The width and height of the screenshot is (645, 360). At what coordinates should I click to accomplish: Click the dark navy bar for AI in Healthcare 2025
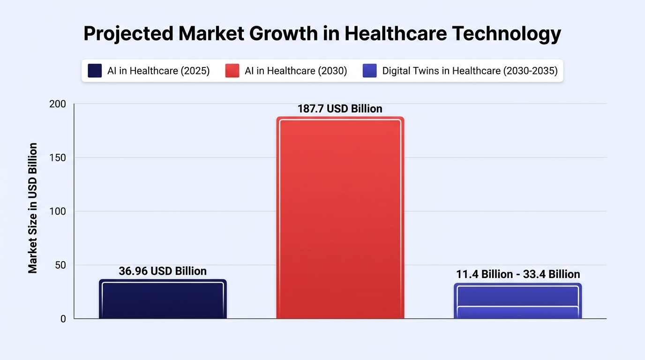point(163,299)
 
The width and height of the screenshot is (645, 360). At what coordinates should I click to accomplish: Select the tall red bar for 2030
point(340,217)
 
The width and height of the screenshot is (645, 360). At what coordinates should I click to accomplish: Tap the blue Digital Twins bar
point(517,301)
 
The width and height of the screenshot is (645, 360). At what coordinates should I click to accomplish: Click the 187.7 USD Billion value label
point(340,109)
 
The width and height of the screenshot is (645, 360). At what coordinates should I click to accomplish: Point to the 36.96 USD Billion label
point(163,271)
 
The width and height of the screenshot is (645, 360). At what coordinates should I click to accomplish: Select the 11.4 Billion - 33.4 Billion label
point(518,274)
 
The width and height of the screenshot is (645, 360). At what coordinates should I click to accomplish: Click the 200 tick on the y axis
point(58,104)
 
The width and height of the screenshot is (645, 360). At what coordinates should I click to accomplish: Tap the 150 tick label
point(58,158)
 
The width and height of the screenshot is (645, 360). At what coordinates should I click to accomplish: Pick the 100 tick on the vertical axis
point(58,211)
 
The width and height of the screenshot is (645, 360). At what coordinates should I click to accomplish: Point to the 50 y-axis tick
point(60,265)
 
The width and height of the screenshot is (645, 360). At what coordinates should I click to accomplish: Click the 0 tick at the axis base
point(63,319)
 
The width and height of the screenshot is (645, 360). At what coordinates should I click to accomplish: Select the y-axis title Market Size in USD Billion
point(33,208)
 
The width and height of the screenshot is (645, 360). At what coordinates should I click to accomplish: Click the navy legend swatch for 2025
point(95,71)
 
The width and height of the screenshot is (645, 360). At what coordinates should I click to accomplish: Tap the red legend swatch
point(232,71)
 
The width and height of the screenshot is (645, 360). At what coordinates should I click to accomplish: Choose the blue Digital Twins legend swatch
point(370,71)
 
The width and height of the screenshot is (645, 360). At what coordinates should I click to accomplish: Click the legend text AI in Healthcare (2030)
point(296,71)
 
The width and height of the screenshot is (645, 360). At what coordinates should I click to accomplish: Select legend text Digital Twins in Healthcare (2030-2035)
point(470,71)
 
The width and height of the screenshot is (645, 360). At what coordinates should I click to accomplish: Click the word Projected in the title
point(128,34)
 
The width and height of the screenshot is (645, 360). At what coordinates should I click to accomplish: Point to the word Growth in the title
point(283,33)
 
